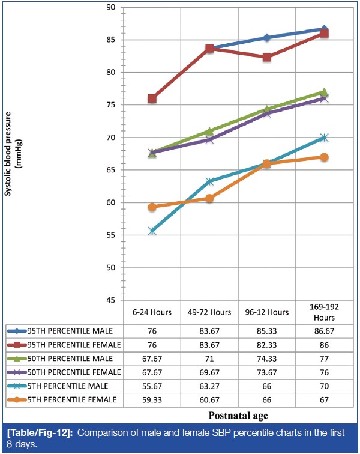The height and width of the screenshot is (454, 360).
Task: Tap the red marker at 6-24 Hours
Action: (x=152, y=98)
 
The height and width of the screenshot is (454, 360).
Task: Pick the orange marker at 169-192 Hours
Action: (x=324, y=157)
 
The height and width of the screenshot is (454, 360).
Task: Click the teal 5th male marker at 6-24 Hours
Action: (x=152, y=231)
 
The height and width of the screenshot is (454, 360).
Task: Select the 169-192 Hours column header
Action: (x=324, y=312)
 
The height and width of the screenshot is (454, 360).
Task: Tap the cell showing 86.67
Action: (x=324, y=331)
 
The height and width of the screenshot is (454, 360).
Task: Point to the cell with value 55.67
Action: (x=152, y=386)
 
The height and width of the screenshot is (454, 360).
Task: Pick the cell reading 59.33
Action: (x=152, y=399)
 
